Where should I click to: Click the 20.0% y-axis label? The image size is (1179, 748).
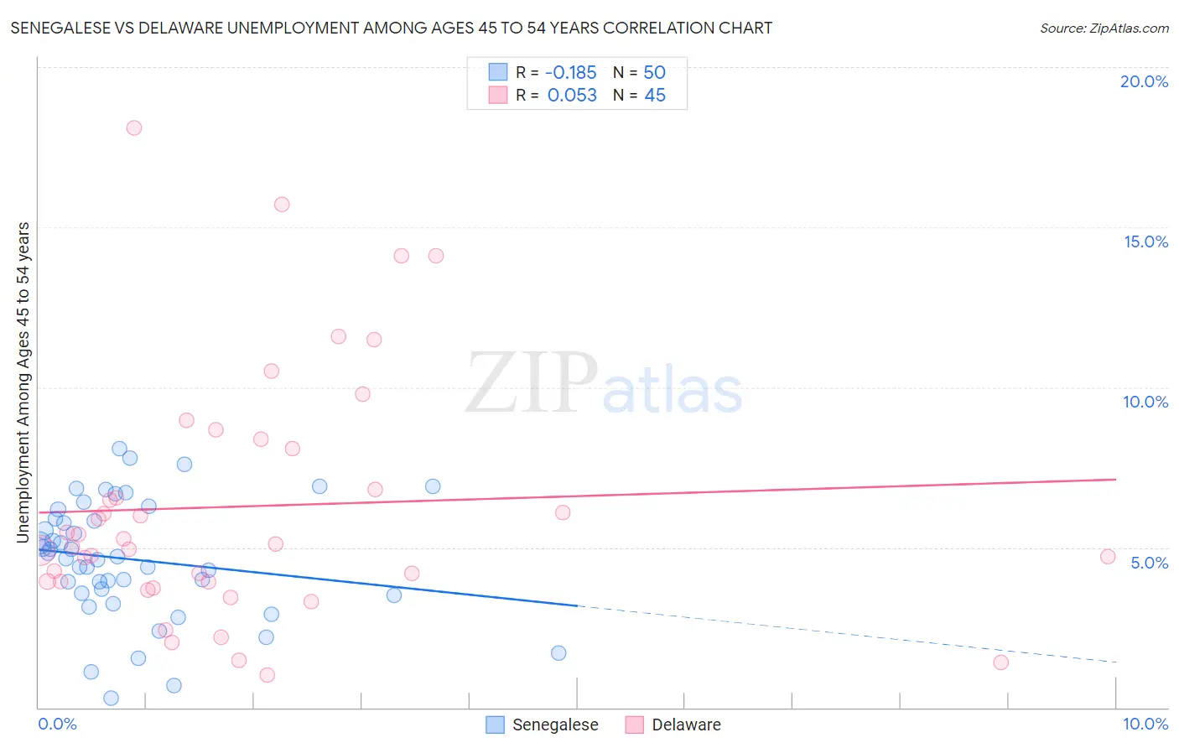(x=1144, y=81)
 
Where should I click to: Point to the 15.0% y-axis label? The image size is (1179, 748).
(x=1145, y=242)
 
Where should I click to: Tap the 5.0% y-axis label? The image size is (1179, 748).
(x=1149, y=563)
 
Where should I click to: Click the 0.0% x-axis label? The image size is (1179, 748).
(x=57, y=724)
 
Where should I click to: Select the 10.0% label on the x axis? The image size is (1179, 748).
(x=1145, y=724)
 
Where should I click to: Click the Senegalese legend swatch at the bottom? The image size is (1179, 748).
(x=496, y=725)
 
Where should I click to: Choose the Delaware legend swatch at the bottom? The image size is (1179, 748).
(x=635, y=725)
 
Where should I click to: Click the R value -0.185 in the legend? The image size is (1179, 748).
(x=570, y=72)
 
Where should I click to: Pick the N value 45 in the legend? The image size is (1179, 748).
(x=655, y=96)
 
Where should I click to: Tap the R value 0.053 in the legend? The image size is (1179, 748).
(x=572, y=96)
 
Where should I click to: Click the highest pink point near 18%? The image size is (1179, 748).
(x=134, y=128)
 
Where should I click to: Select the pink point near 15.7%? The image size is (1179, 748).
(x=282, y=205)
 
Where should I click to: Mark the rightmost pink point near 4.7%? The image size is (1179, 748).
(x=1108, y=557)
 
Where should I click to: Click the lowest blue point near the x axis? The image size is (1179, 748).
(x=111, y=698)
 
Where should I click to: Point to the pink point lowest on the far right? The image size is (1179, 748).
(x=1000, y=662)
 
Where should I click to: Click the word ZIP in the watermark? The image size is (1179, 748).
(x=531, y=383)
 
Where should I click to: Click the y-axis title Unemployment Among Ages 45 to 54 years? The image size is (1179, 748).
(x=23, y=382)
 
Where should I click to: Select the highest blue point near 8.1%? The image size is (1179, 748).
(x=119, y=449)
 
